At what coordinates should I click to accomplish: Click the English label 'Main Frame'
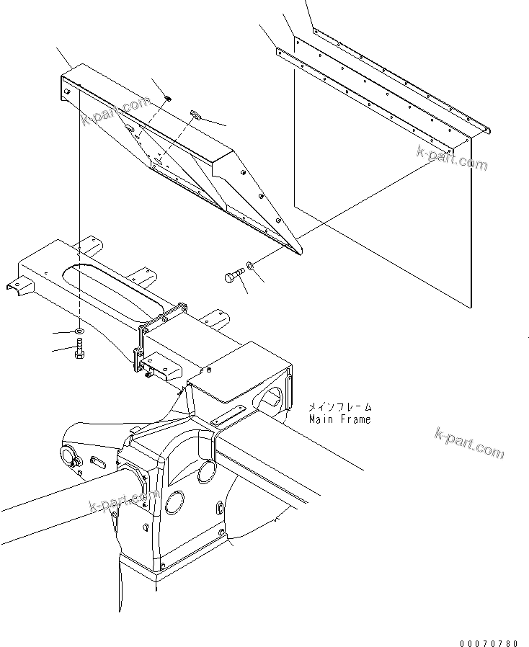(x=339, y=419)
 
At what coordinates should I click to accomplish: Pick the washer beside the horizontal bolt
(x=249, y=267)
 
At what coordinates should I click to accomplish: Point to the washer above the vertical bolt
(x=78, y=331)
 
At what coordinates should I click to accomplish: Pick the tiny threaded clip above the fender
(x=166, y=98)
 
